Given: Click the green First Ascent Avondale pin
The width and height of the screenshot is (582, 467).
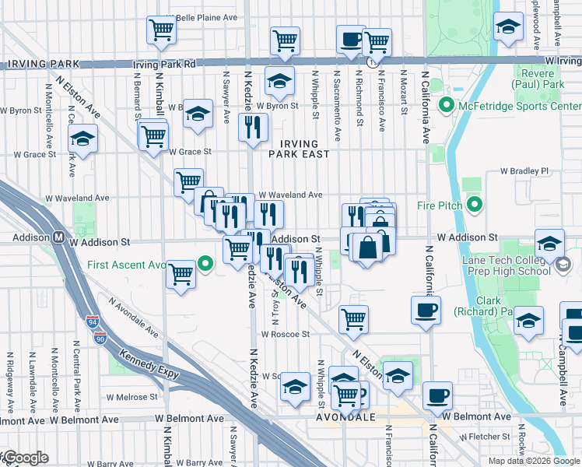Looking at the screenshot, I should pyautogui.click(x=205, y=265).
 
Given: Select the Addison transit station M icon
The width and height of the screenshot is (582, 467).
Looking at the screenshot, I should pyautogui.click(x=58, y=237).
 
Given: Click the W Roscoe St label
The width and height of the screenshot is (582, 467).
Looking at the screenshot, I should pyautogui.click(x=286, y=334).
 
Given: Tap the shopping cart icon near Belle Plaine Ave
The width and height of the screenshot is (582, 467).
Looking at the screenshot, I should pyautogui.click(x=161, y=30).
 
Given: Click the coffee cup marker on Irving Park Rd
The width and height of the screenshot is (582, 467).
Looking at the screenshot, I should pyautogui.click(x=351, y=38).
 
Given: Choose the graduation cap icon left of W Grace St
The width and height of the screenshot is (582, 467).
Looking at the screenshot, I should pyautogui.click(x=82, y=139).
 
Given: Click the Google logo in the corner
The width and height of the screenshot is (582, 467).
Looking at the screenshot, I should pyautogui.click(x=25, y=458).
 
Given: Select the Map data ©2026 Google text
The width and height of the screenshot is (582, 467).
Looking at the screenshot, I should pyautogui.click(x=535, y=461).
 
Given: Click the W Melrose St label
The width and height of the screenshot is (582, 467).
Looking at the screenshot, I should pyautogui.click(x=135, y=396).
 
